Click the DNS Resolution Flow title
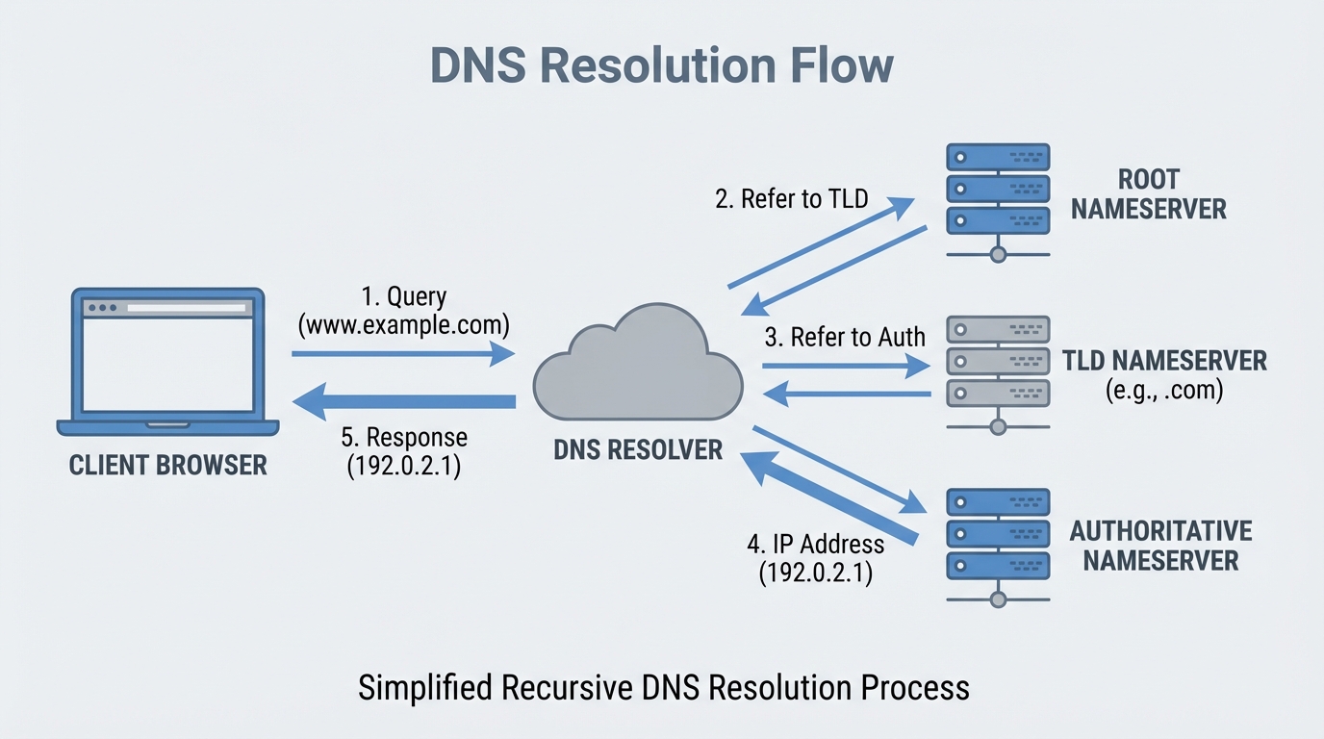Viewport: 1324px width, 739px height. pos(661,65)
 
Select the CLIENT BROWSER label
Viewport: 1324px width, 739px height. pos(167,466)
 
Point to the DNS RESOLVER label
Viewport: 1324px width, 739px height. pos(638,449)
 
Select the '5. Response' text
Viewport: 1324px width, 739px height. pos(404,437)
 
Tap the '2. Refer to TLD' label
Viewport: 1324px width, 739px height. pos(791,199)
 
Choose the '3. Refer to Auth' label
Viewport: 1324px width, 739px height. pos(845,337)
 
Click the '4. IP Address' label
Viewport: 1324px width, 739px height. pos(815,544)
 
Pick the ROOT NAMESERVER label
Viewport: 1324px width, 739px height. pos(1149,194)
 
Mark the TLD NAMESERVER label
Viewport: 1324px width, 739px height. pos(1164,361)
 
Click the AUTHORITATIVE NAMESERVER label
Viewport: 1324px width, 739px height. pos(1160,546)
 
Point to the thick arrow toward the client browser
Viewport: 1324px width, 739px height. pos(404,402)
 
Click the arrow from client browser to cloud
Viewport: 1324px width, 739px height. pos(404,354)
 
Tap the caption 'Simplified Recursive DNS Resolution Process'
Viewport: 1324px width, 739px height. pos(663,688)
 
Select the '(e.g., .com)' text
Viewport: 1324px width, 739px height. pos(1164,391)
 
